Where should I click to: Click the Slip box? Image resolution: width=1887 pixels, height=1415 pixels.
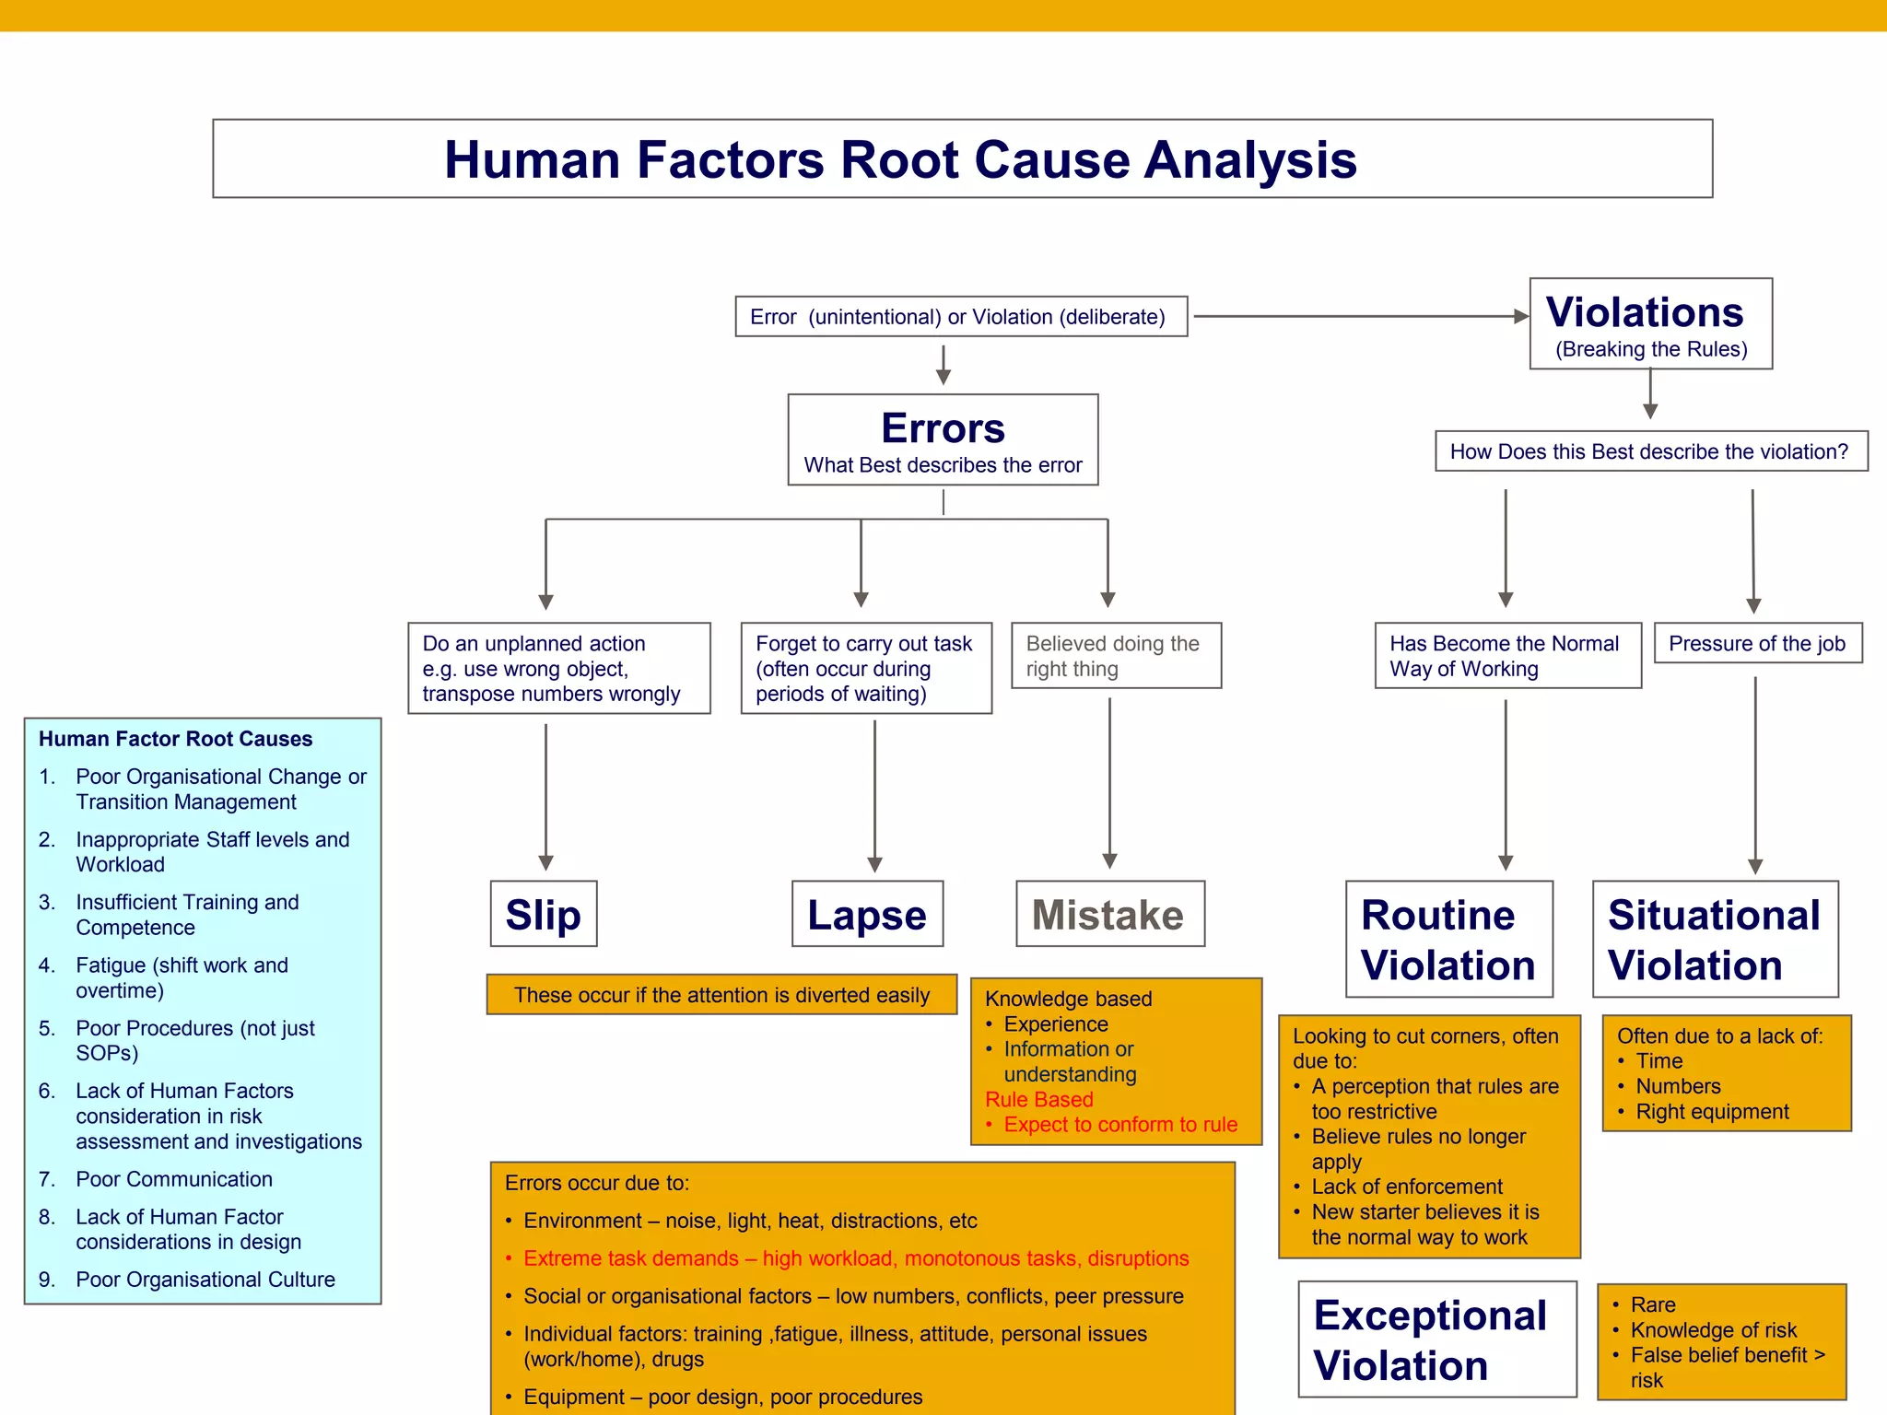tap(544, 914)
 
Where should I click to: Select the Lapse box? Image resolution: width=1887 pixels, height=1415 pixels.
tap(867, 914)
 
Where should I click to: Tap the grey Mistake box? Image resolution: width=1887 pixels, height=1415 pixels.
tap(1109, 914)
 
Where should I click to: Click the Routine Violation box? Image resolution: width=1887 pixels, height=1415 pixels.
tap(1448, 939)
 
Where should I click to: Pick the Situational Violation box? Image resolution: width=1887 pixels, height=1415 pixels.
tap(1714, 939)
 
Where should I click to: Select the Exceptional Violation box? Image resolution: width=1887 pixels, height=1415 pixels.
tap(1436, 1339)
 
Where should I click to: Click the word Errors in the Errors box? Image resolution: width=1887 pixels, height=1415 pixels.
tap(943, 428)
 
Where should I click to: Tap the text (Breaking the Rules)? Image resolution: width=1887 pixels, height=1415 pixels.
tap(1650, 349)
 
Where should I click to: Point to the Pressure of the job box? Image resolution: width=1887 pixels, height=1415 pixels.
tap(1756, 643)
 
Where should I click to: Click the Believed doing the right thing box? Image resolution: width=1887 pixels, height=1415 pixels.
tap(1116, 655)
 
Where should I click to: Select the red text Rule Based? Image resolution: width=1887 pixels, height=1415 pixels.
tap(1038, 1099)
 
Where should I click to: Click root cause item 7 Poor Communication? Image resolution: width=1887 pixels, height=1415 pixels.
tap(173, 1178)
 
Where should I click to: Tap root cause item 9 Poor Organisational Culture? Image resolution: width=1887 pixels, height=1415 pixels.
tap(205, 1279)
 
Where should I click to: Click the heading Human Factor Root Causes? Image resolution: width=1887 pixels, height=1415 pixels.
tap(175, 739)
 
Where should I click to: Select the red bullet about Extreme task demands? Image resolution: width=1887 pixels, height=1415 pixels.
tap(855, 1257)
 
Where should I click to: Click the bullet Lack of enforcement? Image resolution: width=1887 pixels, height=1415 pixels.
tap(1406, 1187)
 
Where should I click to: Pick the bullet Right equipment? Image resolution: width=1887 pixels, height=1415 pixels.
tap(1711, 1111)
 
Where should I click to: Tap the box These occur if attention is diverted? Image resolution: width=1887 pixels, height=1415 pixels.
tap(721, 994)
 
